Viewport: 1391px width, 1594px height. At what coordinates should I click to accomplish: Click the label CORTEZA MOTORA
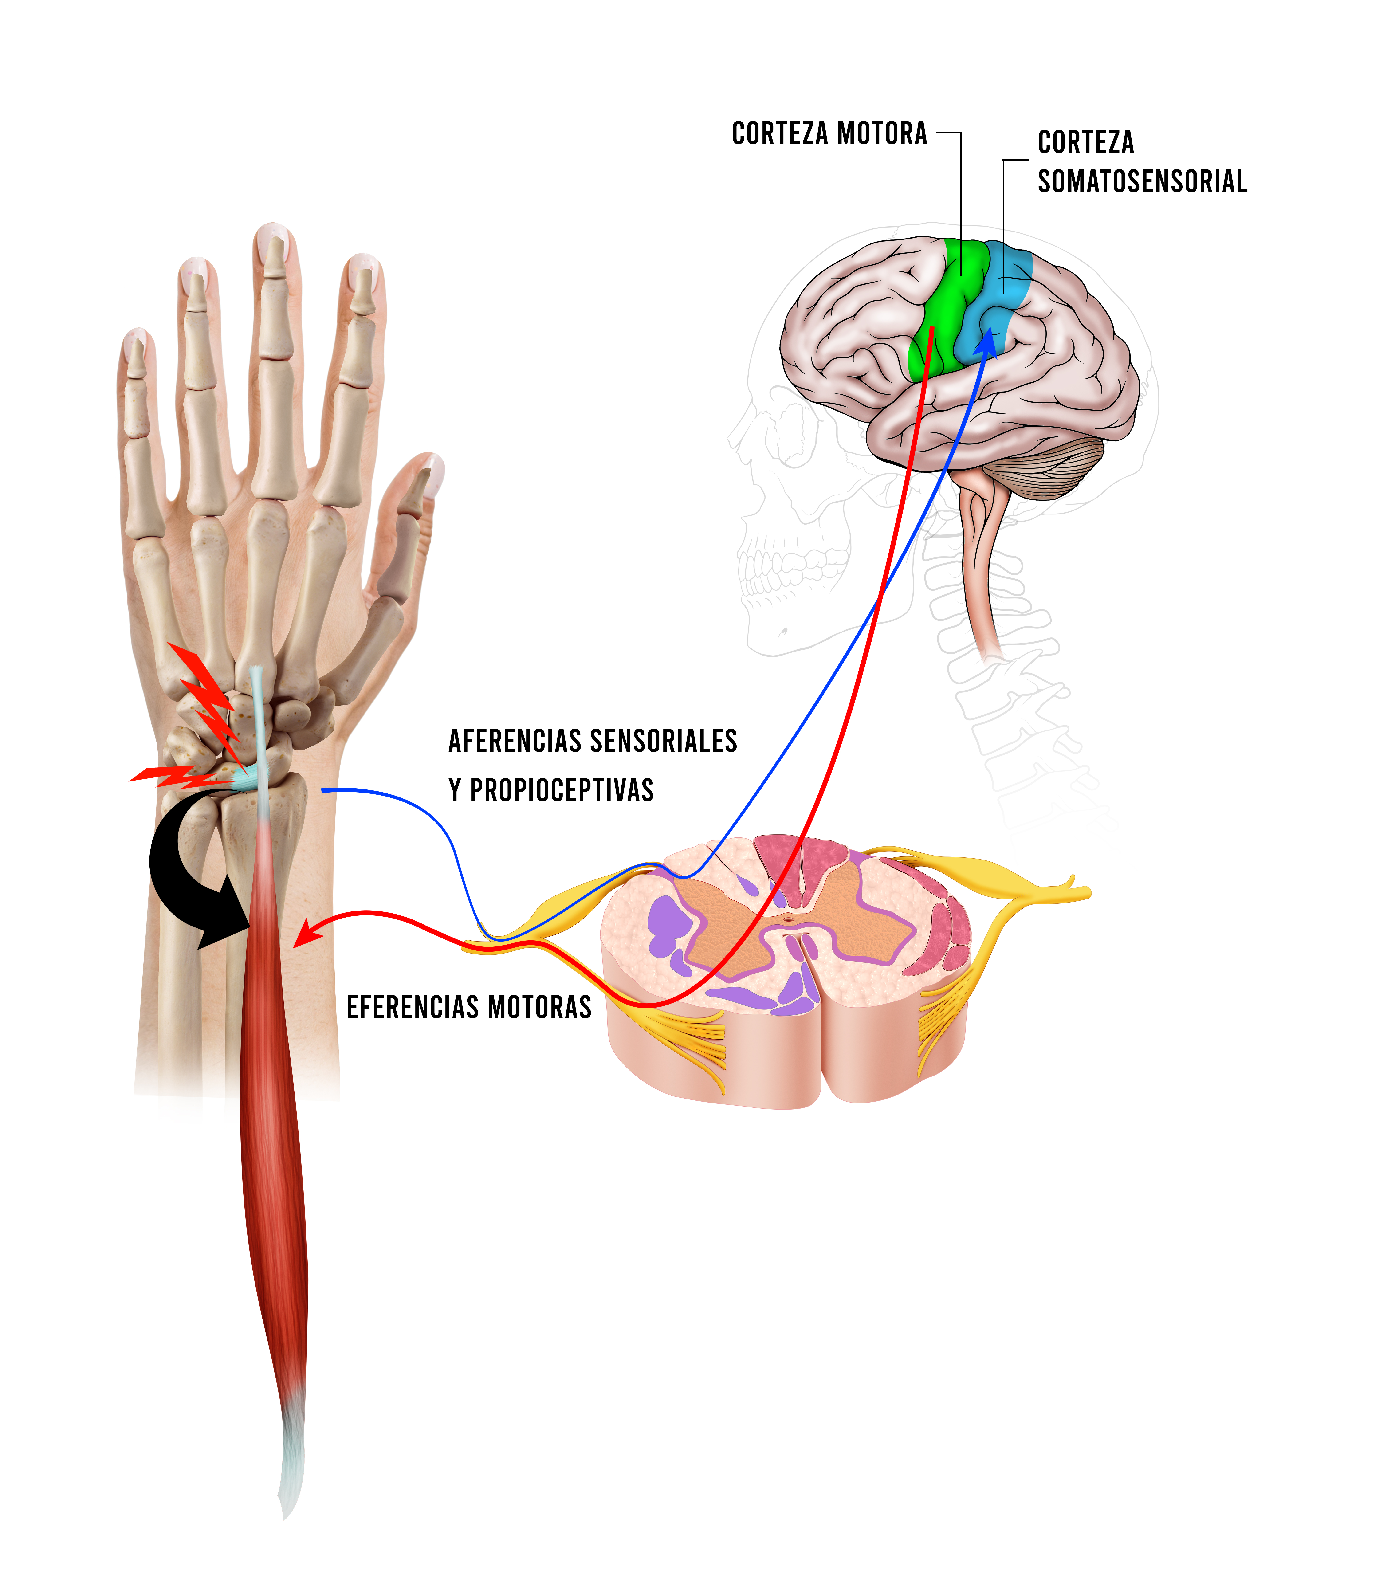coord(829,133)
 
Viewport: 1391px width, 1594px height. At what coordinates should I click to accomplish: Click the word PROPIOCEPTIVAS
coord(562,790)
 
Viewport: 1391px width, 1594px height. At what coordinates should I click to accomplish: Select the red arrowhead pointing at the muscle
coord(306,934)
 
